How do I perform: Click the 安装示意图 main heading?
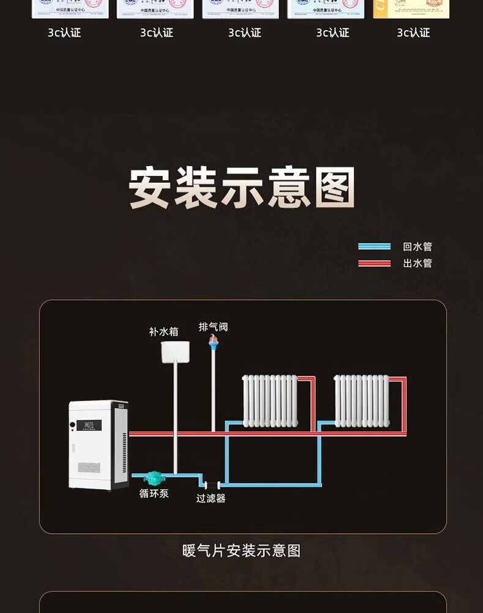click(x=242, y=188)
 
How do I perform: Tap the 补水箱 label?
click(x=163, y=332)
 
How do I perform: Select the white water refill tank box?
click(x=175, y=352)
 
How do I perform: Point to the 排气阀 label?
click(x=213, y=327)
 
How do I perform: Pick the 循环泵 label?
click(x=154, y=493)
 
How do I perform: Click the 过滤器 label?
click(x=211, y=498)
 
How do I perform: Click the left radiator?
click(x=270, y=401)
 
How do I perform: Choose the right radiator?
click(x=361, y=401)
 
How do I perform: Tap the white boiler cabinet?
click(x=98, y=445)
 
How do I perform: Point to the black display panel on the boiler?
click(x=89, y=425)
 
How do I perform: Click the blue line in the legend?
click(x=374, y=246)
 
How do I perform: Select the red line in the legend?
click(x=374, y=263)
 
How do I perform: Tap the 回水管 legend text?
click(x=417, y=246)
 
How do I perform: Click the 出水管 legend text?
click(x=417, y=263)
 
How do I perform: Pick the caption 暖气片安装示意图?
click(x=242, y=550)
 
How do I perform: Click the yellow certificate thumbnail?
click(x=411, y=9)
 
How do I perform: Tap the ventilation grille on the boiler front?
click(x=89, y=467)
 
